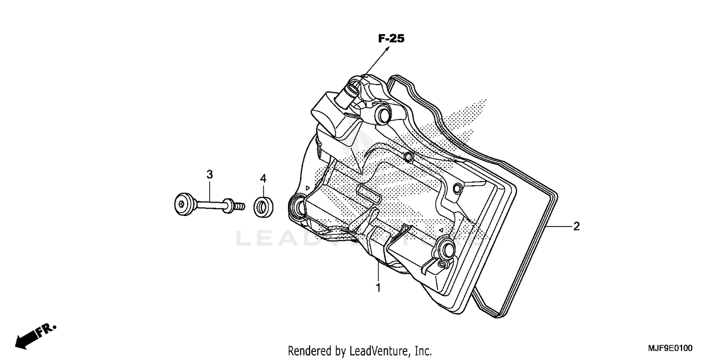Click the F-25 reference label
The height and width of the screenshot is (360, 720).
(391, 39)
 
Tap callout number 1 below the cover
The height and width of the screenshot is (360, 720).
(378, 288)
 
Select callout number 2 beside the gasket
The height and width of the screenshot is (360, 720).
(576, 227)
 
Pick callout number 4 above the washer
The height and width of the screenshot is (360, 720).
(263, 179)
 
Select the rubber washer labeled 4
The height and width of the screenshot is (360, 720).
(263, 206)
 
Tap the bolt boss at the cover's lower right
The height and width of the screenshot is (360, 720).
(447, 249)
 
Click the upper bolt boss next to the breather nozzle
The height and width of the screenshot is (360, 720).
(383, 114)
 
